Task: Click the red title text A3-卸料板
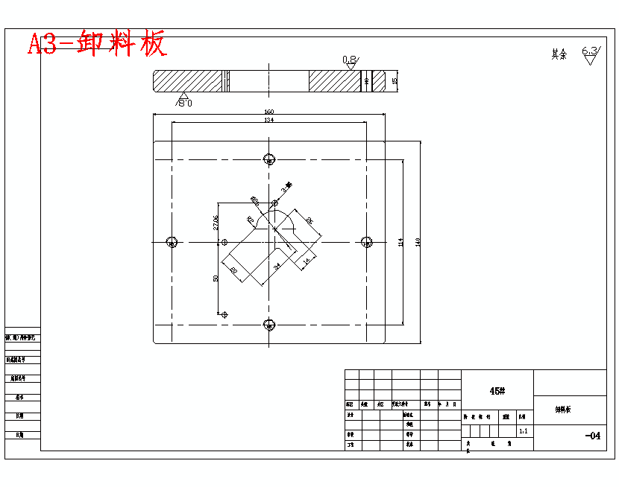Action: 97,45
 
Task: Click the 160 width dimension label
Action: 268,112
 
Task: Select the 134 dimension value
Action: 268,120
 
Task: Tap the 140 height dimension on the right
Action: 418,241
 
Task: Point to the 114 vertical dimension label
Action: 400,241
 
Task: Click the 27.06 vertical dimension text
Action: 216,222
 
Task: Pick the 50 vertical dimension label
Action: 216,278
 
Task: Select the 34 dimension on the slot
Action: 277,265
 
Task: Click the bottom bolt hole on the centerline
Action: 269,323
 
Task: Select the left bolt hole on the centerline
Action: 172,241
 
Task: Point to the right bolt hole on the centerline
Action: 366,241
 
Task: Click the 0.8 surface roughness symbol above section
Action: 350,61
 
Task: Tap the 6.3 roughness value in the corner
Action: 590,53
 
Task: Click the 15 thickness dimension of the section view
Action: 395,80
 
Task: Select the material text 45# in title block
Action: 497,391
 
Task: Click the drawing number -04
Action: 592,436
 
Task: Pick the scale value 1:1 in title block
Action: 524,430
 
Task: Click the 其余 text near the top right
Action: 559,54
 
